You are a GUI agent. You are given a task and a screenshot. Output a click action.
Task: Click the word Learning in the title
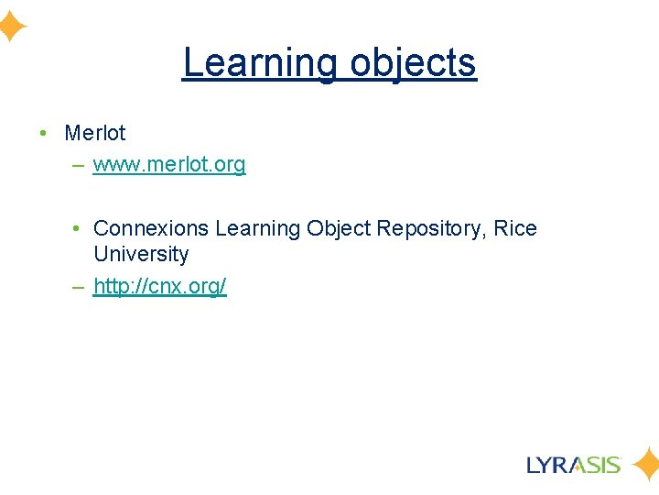pyautogui.click(x=260, y=62)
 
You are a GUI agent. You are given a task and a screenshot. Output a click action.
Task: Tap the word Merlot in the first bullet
pyautogui.click(x=95, y=133)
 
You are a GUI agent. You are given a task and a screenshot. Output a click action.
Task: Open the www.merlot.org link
pyautogui.click(x=169, y=165)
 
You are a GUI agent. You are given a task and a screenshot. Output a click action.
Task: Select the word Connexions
pyautogui.click(x=151, y=228)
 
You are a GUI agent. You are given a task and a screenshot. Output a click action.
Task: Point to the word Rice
pyautogui.click(x=515, y=228)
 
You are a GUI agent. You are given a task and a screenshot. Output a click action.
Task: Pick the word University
pyautogui.click(x=141, y=254)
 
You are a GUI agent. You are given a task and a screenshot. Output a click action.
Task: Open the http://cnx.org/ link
pyautogui.click(x=160, y=286)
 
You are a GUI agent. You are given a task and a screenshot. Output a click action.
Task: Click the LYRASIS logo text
pyautogui.click(x=574, y=464)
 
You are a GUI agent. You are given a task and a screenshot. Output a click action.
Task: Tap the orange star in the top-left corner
pyautogui.click(x=11, y=27)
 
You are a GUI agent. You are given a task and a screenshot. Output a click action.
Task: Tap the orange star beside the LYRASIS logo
pyautogui.click(x=645, y=465)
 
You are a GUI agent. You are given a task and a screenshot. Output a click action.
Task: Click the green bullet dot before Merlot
pyautogui.click(x=44, y=134)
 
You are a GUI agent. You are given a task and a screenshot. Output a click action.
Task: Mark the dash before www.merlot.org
pyautogui.click(x=76, y=166)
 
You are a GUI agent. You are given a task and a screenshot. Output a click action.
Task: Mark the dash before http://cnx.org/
pyautogui.click(x=76, y=287)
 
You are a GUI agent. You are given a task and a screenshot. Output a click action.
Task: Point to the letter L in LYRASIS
pyautogui.click(x=535, y=464)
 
